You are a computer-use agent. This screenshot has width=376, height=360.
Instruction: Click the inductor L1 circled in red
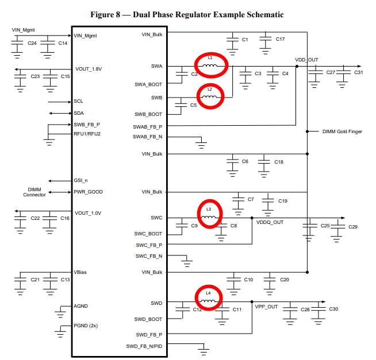tap(210, 65)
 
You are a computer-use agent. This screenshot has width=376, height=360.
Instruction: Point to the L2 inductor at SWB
tap(210, 96)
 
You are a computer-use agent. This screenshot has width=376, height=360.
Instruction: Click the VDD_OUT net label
tap(306, 60)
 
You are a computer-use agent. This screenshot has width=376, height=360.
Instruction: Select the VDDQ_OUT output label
tap(270, 222)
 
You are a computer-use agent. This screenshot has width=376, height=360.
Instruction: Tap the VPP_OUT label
tap(266, 307)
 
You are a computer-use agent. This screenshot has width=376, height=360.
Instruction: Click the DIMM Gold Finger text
tap(342, 131)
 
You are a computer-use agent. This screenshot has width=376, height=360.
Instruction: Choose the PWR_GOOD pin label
tap(88, 192)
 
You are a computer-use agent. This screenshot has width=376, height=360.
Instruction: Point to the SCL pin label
tap(79, 101)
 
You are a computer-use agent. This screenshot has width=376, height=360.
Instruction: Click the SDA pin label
tap(79, 113)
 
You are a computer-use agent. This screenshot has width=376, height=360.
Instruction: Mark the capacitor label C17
tap(280, 39)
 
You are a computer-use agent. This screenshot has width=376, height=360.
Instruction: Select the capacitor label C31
tap(358, 72)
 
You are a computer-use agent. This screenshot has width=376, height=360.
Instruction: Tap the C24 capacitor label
tap(32, 43)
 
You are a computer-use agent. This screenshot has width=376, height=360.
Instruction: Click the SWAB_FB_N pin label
tap(147, 137)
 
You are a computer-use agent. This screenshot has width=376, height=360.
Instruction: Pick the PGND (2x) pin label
tap(86, 326)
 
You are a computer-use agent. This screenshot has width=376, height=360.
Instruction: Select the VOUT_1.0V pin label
tap(88, 213)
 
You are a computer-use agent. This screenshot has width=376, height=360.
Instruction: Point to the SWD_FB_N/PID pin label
tap(144, 346)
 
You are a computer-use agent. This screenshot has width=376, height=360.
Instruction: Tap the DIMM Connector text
tap(34, 192)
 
